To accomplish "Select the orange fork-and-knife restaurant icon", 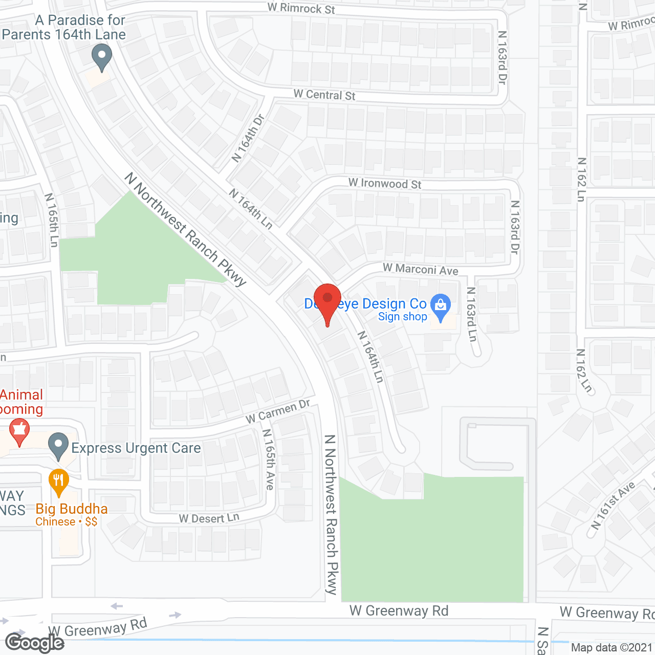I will tap(59, 482).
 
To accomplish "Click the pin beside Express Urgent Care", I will tap(58, 446).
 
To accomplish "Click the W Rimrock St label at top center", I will tap(301, 8).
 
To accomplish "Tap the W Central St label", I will tap(324, 95).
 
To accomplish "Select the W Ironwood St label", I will tap(385, 183).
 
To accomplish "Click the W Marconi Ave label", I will tap(421, 269).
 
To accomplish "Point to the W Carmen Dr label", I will tap(278, 411).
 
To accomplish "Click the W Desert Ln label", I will tap(209, 518).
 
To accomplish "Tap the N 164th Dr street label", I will tap(248, 138).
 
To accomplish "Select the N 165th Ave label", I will tap(269, 459).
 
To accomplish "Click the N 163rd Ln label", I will tap(472, 314).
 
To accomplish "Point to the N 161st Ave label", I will tap(613, 505).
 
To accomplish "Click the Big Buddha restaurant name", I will tap(72, 509).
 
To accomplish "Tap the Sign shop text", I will tap(402, 317).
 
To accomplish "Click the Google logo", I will tap(35, 643).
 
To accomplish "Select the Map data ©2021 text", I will tap(612, 648).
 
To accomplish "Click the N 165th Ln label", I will tap(52, 220).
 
